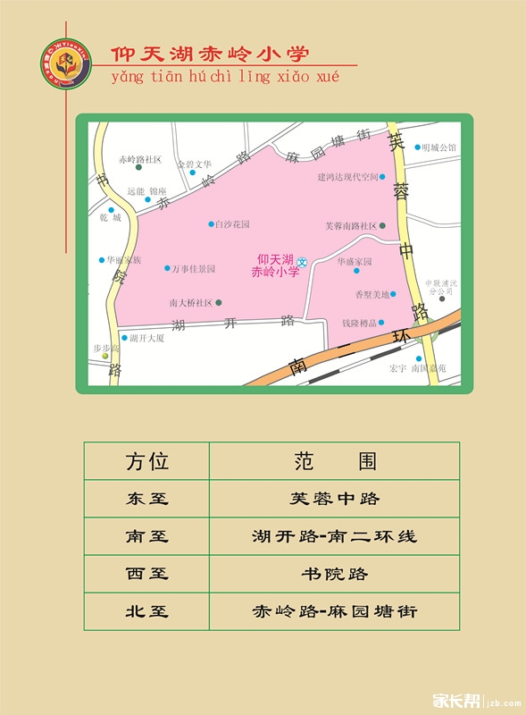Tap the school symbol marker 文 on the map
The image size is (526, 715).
click(x=302, y=262)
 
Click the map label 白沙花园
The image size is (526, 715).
click(x=232, y=224)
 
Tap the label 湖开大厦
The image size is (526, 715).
click(x=146, y=338)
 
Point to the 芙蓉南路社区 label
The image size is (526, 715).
click(x=350, y=226)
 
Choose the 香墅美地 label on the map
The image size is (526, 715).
click(x=372, y=294)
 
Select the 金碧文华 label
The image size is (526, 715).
click(x=194, y=164)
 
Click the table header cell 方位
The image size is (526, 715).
click(x=146, y=461)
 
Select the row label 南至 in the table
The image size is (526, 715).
click(x=146, y=536)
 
